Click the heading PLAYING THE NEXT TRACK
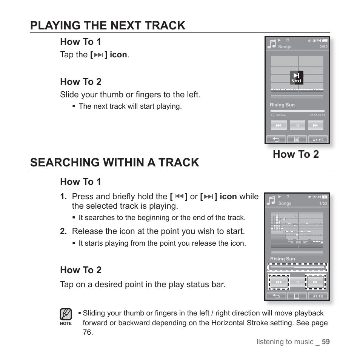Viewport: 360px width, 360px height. pos(108,25)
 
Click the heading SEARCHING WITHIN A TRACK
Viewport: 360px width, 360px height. pos(115,162)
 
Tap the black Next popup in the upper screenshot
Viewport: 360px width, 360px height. pos(296,77)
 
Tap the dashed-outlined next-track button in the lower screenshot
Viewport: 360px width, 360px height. pos(315,282)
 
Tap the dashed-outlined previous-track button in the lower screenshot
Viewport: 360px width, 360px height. pos(278,282)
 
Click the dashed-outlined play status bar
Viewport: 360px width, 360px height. pos(297,268)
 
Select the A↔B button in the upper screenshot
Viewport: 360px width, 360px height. pos(318,140)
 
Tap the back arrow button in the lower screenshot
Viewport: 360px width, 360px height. pos(276,296)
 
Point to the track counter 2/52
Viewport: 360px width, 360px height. pos(323,47)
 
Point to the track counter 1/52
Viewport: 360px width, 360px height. pos(323,203)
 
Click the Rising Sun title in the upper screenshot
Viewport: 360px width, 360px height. pos(282,105)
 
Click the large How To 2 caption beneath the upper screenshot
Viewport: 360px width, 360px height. pos(295,154)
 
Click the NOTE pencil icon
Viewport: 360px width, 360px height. pos(66,314)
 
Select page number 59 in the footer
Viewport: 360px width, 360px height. pos(326,342)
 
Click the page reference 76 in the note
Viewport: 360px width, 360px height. pos(87,332)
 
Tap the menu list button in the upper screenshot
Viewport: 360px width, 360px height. pos(297,140)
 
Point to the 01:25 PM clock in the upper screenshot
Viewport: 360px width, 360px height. pos(314,40)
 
